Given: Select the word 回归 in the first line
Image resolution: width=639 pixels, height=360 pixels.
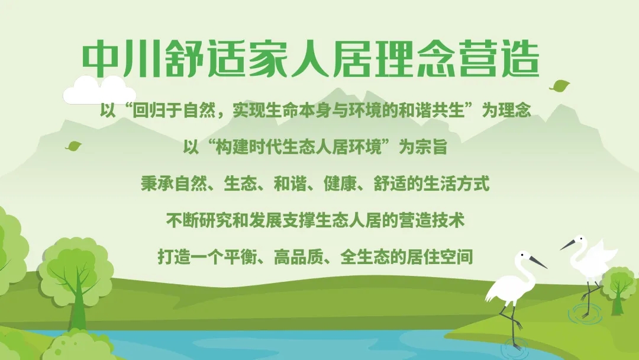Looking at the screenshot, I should tap(146, 111).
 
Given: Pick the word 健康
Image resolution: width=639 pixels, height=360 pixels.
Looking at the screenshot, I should tap(337, 184).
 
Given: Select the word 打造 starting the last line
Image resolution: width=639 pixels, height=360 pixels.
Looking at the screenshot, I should tap(172, 258).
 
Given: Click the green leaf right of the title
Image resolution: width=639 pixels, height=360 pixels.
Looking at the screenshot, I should tap(559, 86).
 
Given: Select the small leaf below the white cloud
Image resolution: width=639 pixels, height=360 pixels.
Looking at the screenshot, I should tap(74, 146).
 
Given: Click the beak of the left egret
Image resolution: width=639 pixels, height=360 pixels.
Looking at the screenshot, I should tap(538, 262).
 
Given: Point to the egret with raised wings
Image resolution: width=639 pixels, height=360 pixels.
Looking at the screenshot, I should tap(592, 261).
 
